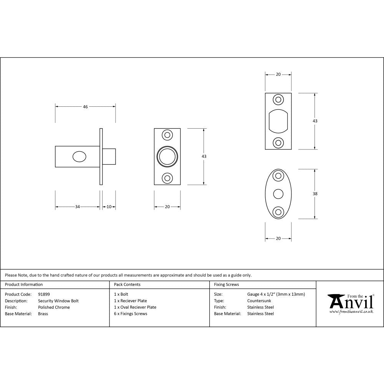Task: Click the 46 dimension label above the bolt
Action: (85, 107)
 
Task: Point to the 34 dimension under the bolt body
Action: (77, 207)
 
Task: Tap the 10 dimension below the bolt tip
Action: (109, 207)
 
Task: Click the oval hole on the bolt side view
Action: (79, 157)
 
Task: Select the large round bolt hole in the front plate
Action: (167, 157)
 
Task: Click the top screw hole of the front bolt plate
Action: (167, 135)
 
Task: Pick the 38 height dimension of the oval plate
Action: (315, 194)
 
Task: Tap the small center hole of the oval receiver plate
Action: (278, 194)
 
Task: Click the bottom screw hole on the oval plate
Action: (278, 211)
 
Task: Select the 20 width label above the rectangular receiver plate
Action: (278, 74)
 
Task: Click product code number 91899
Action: (44, 294)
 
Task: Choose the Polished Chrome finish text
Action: (54, 307)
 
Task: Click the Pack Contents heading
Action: (127, 285)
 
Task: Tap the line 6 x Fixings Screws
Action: (131, 314)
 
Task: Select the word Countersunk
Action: (259, 301)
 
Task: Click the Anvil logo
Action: (351, 303)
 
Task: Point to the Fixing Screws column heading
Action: (226, 285)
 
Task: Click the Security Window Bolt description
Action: (58, 301)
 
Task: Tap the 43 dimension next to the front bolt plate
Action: (204, 156)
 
